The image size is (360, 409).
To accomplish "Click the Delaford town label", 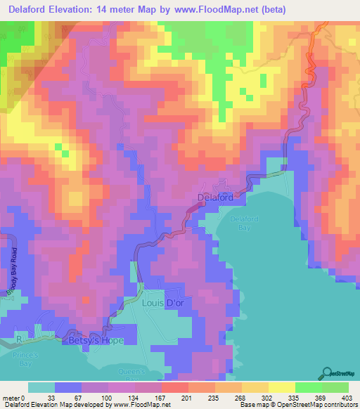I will (214, 198).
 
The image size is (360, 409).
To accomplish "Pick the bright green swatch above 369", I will (308, 387).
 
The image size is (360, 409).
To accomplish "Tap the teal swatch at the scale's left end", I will (41, 387).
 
